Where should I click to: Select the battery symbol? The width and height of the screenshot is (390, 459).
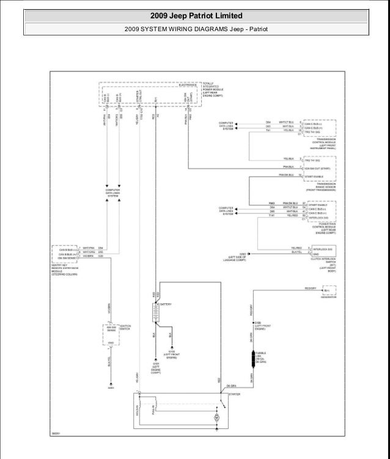[x=156, y=310]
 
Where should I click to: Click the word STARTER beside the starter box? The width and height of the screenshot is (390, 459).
[x=234, y=395]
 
